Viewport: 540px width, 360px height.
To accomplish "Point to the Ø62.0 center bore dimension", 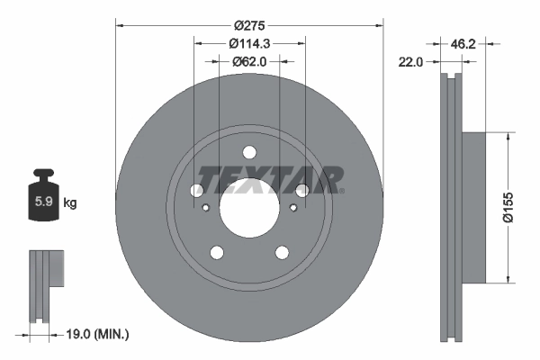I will click(250, 62).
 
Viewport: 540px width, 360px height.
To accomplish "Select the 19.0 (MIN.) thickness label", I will click(100, 334).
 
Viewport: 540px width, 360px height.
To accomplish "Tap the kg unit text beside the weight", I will click(70, 203).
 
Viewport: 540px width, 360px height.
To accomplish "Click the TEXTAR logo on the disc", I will click(270, 180).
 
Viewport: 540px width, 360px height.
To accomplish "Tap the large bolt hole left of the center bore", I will click(197, 190).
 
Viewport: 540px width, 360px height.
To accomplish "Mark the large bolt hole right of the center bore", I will click(302, 190).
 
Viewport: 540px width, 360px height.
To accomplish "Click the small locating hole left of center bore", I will click(207, 209).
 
